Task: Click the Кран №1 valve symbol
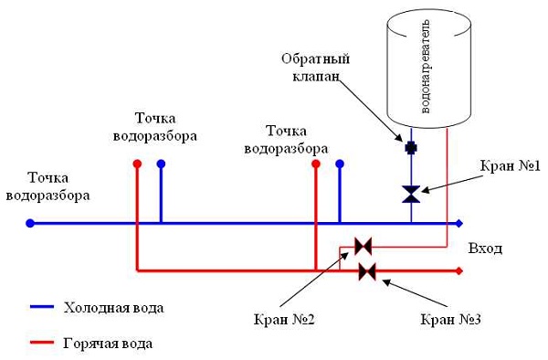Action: tap(411, 194)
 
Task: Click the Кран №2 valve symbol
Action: tap(364, 246)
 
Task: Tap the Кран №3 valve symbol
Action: tap(368, 270)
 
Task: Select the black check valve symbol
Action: tap(411, 146)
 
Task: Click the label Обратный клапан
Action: tap(311, 68)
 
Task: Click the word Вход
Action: tap(485, 249)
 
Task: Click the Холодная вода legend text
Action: tap(114, 307)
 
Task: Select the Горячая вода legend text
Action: tap(109, 344)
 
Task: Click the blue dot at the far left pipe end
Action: tap(30, 222)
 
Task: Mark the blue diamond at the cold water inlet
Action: tap(459, 222)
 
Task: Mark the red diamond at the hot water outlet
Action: tap(459, 270)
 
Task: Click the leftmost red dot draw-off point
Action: tap(137, 164)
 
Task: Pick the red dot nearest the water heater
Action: tap(316, 164)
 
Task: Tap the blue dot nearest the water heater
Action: tap(340, 164)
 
